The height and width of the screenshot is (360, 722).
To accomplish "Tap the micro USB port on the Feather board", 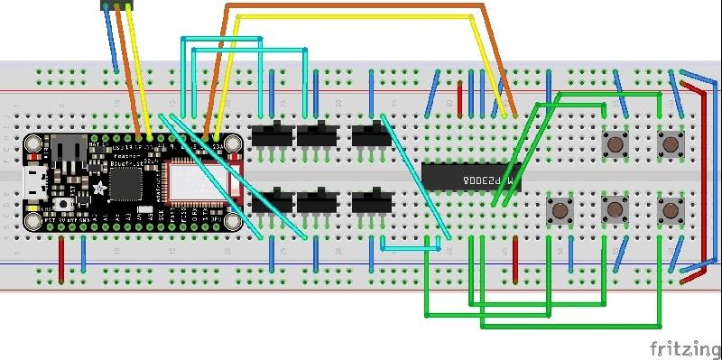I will (35, 180).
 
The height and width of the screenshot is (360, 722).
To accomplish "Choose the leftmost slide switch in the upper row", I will (270, 135).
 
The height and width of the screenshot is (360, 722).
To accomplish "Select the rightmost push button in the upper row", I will (670, 143).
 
